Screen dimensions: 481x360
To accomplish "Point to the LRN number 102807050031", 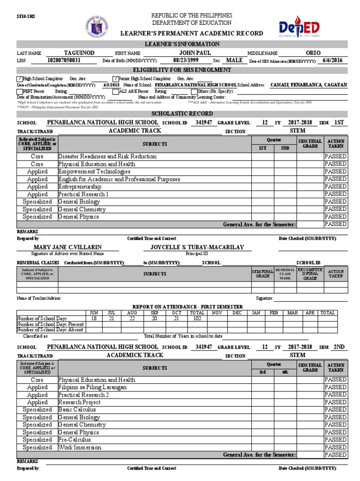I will (x=64, y=61).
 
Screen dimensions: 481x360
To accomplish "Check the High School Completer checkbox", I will (x=19, y=78).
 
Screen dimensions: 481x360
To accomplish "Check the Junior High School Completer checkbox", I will (x=115, y=78).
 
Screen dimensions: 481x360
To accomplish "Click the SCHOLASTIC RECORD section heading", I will (x=182, y=114).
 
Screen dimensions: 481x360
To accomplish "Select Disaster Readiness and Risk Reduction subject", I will (x=107, y=156).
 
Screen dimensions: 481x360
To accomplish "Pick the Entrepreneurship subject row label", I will (x=79, y=186).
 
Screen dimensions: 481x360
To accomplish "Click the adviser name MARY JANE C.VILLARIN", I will (x=67, y=247).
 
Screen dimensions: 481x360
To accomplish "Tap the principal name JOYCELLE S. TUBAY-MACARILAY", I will (x=197, y=247).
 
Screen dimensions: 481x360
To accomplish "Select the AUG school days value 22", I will (x=132, y=318).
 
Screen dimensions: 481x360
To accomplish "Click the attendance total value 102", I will (x=197, y=318).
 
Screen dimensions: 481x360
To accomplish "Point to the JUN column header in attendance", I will (x=93, y=312).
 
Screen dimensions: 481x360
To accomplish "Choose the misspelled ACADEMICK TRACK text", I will (x=135, y=355).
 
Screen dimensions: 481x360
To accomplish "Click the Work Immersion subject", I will (x=79, y=447).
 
